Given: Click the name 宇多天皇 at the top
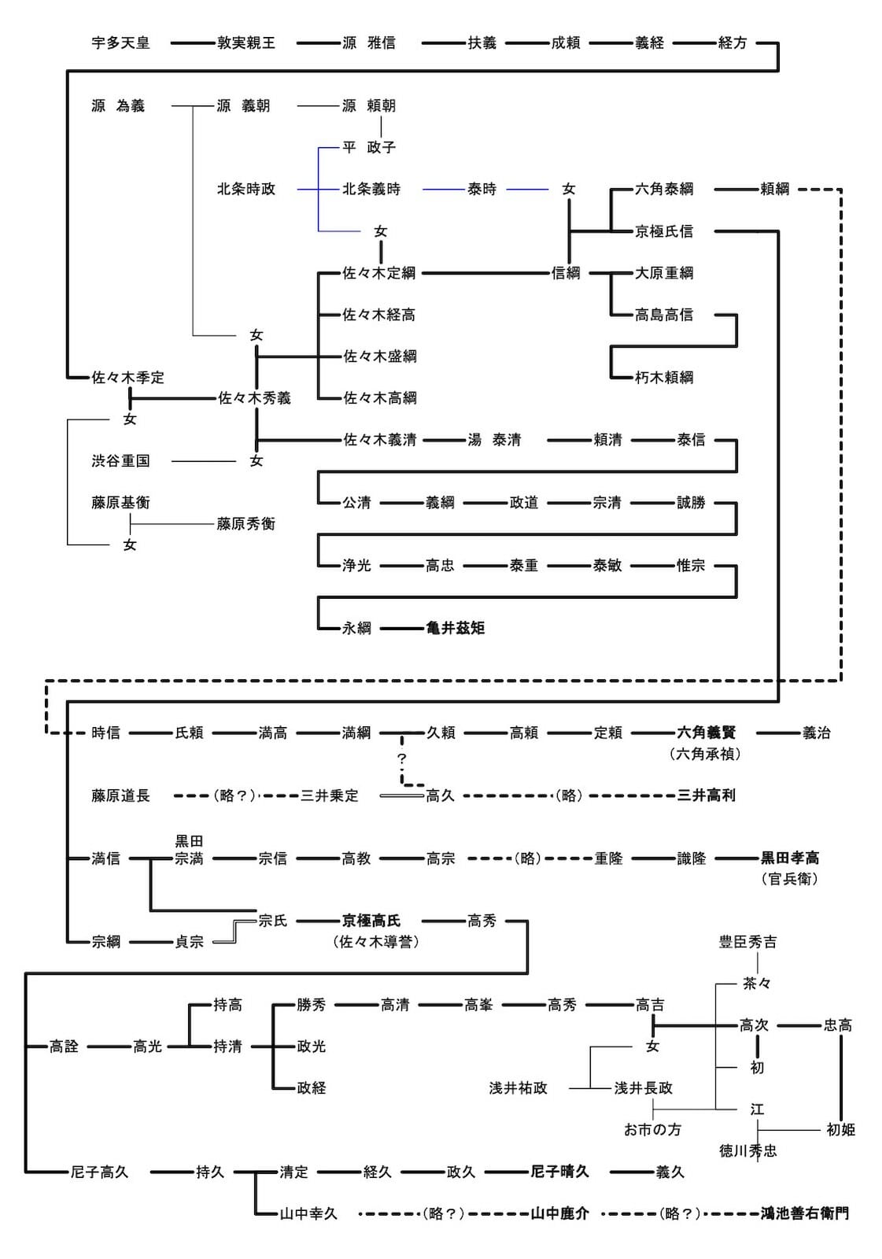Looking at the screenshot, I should point(120,43).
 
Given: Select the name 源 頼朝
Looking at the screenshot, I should point(369,106).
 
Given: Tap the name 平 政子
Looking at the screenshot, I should point(369,148).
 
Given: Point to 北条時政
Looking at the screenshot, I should point(246,190).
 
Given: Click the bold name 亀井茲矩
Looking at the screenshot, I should point(455,628).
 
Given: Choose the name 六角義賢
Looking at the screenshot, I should point(706,733).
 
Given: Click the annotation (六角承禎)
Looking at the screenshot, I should point(705,754).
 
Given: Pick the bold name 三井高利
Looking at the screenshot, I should point(706,796).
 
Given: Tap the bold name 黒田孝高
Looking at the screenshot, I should point(789,858).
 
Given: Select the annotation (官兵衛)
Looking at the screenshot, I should point(789,879).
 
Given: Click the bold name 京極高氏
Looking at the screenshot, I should point(371,921).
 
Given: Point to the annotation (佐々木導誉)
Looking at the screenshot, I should point(376,942).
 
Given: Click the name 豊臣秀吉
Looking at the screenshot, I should point(747,942).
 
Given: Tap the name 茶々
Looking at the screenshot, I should point(757,984).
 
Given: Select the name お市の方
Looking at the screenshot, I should point(652,1130).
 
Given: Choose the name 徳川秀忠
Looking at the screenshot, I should point(747,1151).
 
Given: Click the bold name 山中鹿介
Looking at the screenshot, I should point(559,1214).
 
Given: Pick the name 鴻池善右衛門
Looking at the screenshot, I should point(804,1214).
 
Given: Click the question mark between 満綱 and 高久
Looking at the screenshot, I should point(402,759).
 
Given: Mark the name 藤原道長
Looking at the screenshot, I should point(120,796).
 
